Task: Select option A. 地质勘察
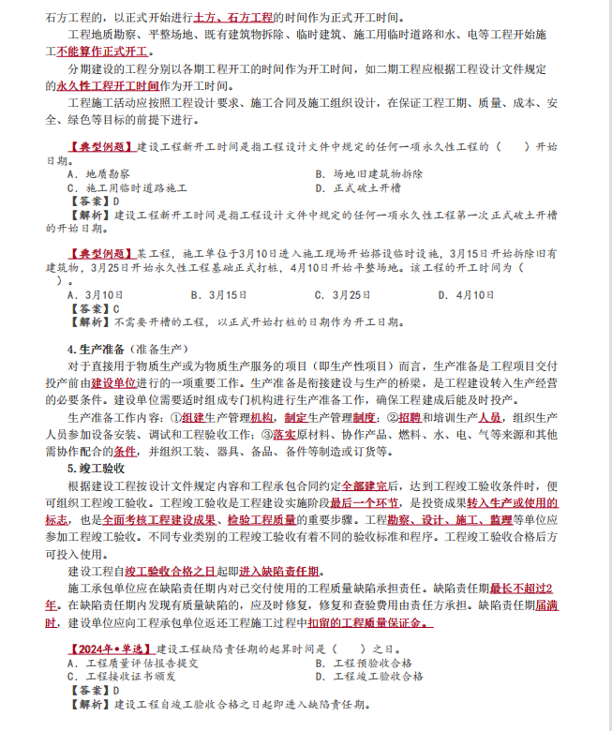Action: click(x=98, y=174)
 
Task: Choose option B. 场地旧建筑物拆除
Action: click(x=369, y=174)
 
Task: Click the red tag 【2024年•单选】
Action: click(x=111, y=648)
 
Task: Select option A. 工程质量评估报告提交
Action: click(x=131, y=662)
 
